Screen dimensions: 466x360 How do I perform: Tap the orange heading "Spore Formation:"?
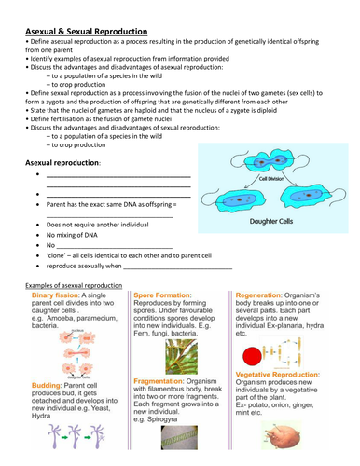coord(167,295)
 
